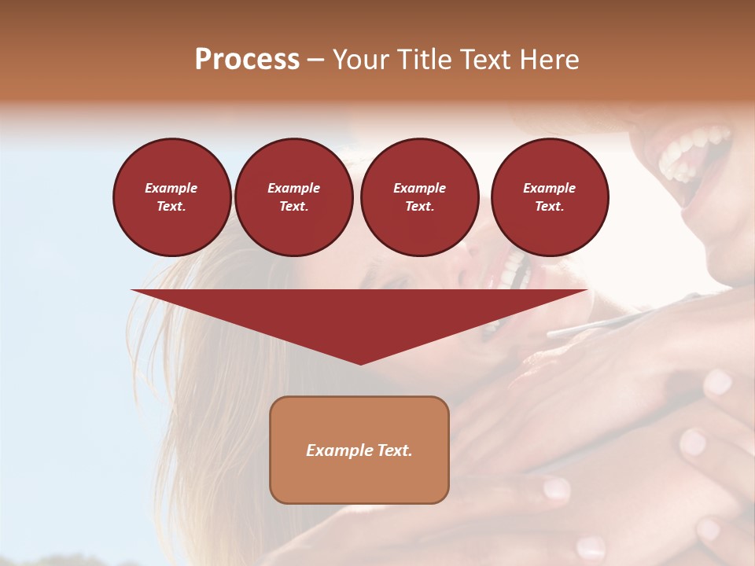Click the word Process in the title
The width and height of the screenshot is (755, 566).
click(x=247, y=60)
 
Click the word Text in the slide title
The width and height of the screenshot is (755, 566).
click(x=486, y=60)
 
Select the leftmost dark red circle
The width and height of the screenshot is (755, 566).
click(x=172, y=197)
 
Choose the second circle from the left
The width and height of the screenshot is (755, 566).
click(x=293, y=197)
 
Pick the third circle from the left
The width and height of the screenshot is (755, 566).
click(x=420, y=197)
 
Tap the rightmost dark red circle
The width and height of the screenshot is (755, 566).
click(x=550, y=197)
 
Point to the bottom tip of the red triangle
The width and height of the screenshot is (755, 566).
click(x=360, y=363)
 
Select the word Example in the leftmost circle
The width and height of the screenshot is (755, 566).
click(x=171, y=189)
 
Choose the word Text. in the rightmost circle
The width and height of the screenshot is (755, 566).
click(x=550, y=207)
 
